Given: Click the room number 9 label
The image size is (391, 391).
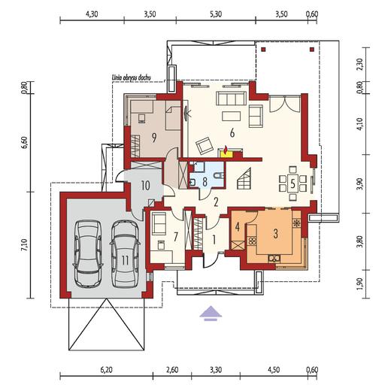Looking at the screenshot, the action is pyautogui.click(x=154, y=137).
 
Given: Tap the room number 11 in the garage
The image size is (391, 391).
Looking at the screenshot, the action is pyautogui.click(x=125, y=260).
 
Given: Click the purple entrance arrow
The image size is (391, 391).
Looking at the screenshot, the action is pyautogui.click(x=211, y=314).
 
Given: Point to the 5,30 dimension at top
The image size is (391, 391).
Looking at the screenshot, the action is pyautogui.click(x=216, y=14).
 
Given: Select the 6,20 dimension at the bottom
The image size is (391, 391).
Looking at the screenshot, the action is pyautogui.click(x=106, y=370).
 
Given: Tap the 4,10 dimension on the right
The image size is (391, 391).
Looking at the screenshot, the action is pyautogui.click(x=359, y=124).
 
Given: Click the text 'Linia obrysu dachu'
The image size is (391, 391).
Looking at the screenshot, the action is pyautogui.click(x=131, y=77).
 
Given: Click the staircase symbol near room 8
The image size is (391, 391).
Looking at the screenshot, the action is pyautogui.click(x=244, y=179).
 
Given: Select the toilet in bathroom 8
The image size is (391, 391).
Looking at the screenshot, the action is pyautogui.click(x=218, y=175).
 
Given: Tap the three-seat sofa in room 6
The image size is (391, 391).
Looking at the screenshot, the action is pyautogui.click(x=231, y=99).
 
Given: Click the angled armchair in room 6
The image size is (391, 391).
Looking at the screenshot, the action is pyautogui.click(x=205, y=145).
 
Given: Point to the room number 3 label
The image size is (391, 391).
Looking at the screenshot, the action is pyautogui.click(x=275, y=234).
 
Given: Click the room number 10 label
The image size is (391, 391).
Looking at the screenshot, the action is pyautogui.click(x=145, y=186).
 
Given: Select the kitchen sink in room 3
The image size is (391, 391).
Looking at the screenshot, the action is pyautogui.click(x=274, y=258).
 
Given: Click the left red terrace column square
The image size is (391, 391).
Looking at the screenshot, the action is pyautogui.click(x=263, y=50).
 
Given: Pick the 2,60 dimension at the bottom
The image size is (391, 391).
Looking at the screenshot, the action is pyautogui.click(x=172, y=370).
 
